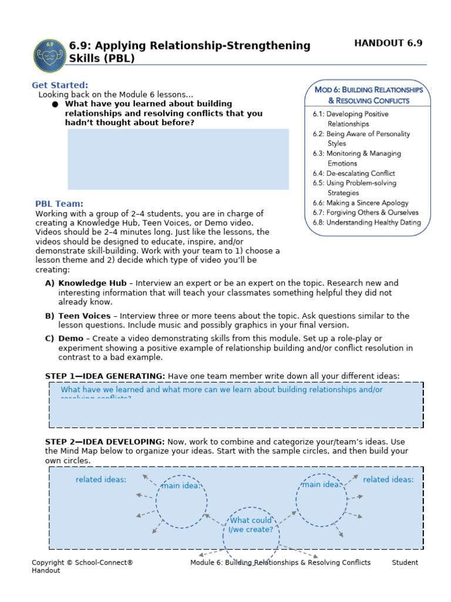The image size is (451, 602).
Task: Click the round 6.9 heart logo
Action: [x=49, y=55]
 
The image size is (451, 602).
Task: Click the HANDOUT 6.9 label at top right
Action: [x=388, y=43]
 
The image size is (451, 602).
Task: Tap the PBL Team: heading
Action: [x=59, y=204]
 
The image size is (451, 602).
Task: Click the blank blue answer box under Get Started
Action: [x=178, y=159]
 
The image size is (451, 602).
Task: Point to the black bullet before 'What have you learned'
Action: [x=55, y=104]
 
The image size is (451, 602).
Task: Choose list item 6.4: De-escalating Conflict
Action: [x=354, y=173]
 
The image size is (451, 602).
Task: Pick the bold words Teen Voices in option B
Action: [x=85, y=316]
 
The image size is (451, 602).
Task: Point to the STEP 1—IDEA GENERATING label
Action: [x=105, y=376]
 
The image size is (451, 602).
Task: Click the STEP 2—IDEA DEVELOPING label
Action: [x=105, y=442]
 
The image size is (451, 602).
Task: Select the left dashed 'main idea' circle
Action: [x=181, y=501]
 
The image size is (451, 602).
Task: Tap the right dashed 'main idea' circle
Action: [x=321, y=500]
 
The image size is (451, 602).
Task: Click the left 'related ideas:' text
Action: [x=100, y=480]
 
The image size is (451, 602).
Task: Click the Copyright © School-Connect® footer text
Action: [x=82, y=563]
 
